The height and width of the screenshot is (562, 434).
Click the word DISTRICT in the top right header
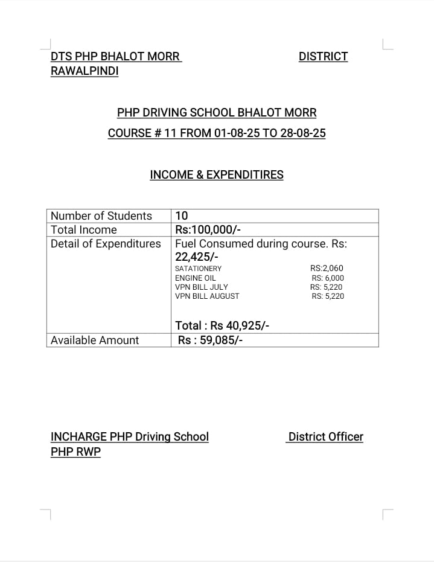pyautogui.click(x=323, y=57)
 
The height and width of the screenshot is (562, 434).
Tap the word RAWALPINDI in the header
pyautogui.click(x=85, y=72)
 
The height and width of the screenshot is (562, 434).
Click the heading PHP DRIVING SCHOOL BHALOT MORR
pyautogui.click(x=217, y=113)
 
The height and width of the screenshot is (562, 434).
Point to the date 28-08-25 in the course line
pyautogui.click(x=302, y=133)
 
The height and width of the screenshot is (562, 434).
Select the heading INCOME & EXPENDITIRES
pyautogui.click(x=217, y=175)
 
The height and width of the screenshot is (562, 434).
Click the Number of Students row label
pyautogui.click(x=101, y=216)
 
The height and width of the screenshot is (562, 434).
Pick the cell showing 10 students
pyautogui.click(x=181, y=216)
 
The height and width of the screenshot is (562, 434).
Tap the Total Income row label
pyautogui.click(x=84, y=230)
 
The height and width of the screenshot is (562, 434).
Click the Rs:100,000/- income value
pyautogui.click(x=208, y=230)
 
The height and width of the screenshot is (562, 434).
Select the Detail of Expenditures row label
pyautogui.click(x=106, y=244)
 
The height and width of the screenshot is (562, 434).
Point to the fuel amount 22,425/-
pyautogui.click(x=197, y=257)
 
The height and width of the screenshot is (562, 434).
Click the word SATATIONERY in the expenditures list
pyautogui.click(x=198, y=269)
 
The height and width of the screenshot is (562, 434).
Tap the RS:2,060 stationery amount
pyautogui.click(x=327, y=269)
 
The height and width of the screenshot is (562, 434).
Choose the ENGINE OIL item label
pyautogui.click(x=195, y=278)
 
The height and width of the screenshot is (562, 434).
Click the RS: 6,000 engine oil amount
pyautogui.click(x=328, y=278)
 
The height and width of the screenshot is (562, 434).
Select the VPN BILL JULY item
pyautogui.click(x=202, y=287)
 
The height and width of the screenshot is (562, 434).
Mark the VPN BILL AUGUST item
pyautogui.click(x=207, y=296)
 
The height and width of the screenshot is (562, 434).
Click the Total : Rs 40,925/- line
pyautogui.click(x=222, y=326)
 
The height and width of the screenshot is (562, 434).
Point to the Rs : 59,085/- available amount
pyautogui.click(x=211, y=340)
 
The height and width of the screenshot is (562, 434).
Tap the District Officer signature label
pyautogui.click(x=325, y=437)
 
